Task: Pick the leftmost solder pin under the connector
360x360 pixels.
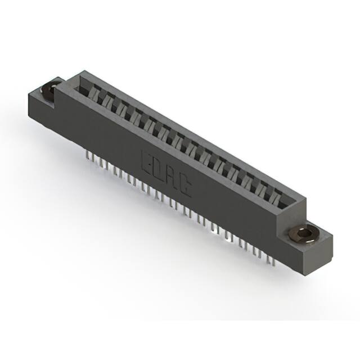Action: [x=88, y=154]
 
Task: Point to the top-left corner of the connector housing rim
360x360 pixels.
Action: [x=83, y=71]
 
